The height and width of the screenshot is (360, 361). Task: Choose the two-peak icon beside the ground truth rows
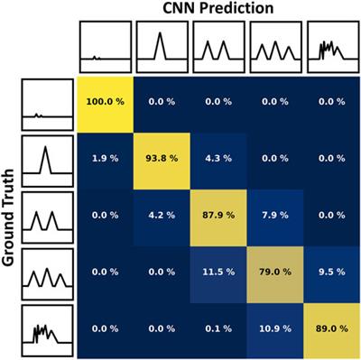click(44, 216)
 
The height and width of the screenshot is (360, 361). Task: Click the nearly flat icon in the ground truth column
click(44, 103)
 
